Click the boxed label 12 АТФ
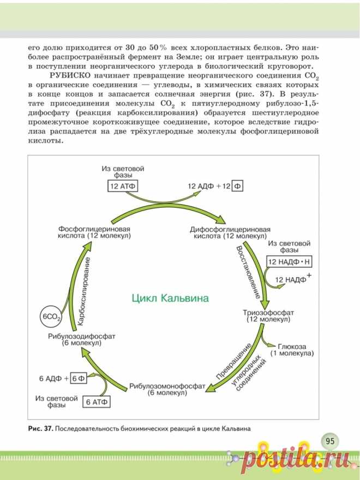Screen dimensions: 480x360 click(122, 186)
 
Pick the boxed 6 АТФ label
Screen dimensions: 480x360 click(99, 402)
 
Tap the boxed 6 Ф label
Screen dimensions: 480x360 click(79, 378)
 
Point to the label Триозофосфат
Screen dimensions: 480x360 click(270, 313)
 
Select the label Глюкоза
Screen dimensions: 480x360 click(292, 346)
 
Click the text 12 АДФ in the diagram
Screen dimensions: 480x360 click(200, 186)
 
